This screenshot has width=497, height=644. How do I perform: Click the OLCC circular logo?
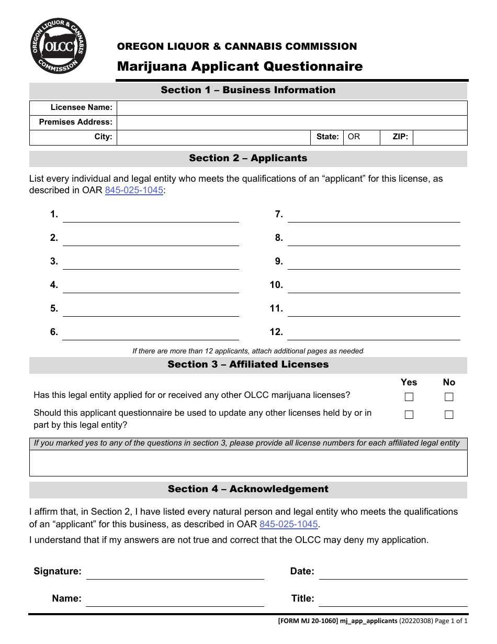coord(59,46)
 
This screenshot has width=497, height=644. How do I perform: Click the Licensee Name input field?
coord(291,108)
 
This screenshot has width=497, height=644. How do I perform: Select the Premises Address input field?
coord(291,123)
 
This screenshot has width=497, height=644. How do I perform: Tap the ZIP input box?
coord(439,137)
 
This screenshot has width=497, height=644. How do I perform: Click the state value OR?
coord(354,137)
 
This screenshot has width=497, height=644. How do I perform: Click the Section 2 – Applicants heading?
coord(248,158)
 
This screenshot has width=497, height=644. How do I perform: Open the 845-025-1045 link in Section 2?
coord(134,191)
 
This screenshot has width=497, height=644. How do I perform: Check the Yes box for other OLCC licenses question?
coord(409,397)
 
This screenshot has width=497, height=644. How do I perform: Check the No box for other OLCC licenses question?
coord(449,397)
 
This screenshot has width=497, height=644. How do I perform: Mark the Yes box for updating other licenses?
coord(409,415)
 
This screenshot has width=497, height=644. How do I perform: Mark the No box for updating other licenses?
coord(449,415)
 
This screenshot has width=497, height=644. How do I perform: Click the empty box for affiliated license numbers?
coord(248,463)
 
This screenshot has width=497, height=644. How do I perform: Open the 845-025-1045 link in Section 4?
coord(288,525)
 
